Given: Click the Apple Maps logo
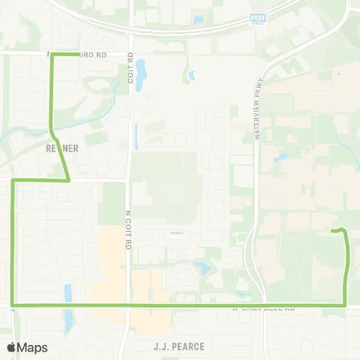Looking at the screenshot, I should [27, 347].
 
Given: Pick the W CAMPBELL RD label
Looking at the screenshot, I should [264, 308].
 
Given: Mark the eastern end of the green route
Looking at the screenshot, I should [332, 231].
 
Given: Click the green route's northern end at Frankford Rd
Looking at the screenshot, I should [51, 55].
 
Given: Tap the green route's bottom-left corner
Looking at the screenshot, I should [13, 305].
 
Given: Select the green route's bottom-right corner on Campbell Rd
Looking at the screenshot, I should [344, 305].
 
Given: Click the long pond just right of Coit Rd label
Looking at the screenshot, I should [142, 73].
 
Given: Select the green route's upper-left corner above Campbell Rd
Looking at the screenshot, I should [13, 181].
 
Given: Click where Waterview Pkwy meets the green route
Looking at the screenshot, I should [262, 305].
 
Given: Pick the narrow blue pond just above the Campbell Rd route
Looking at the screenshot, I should [67, 292].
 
